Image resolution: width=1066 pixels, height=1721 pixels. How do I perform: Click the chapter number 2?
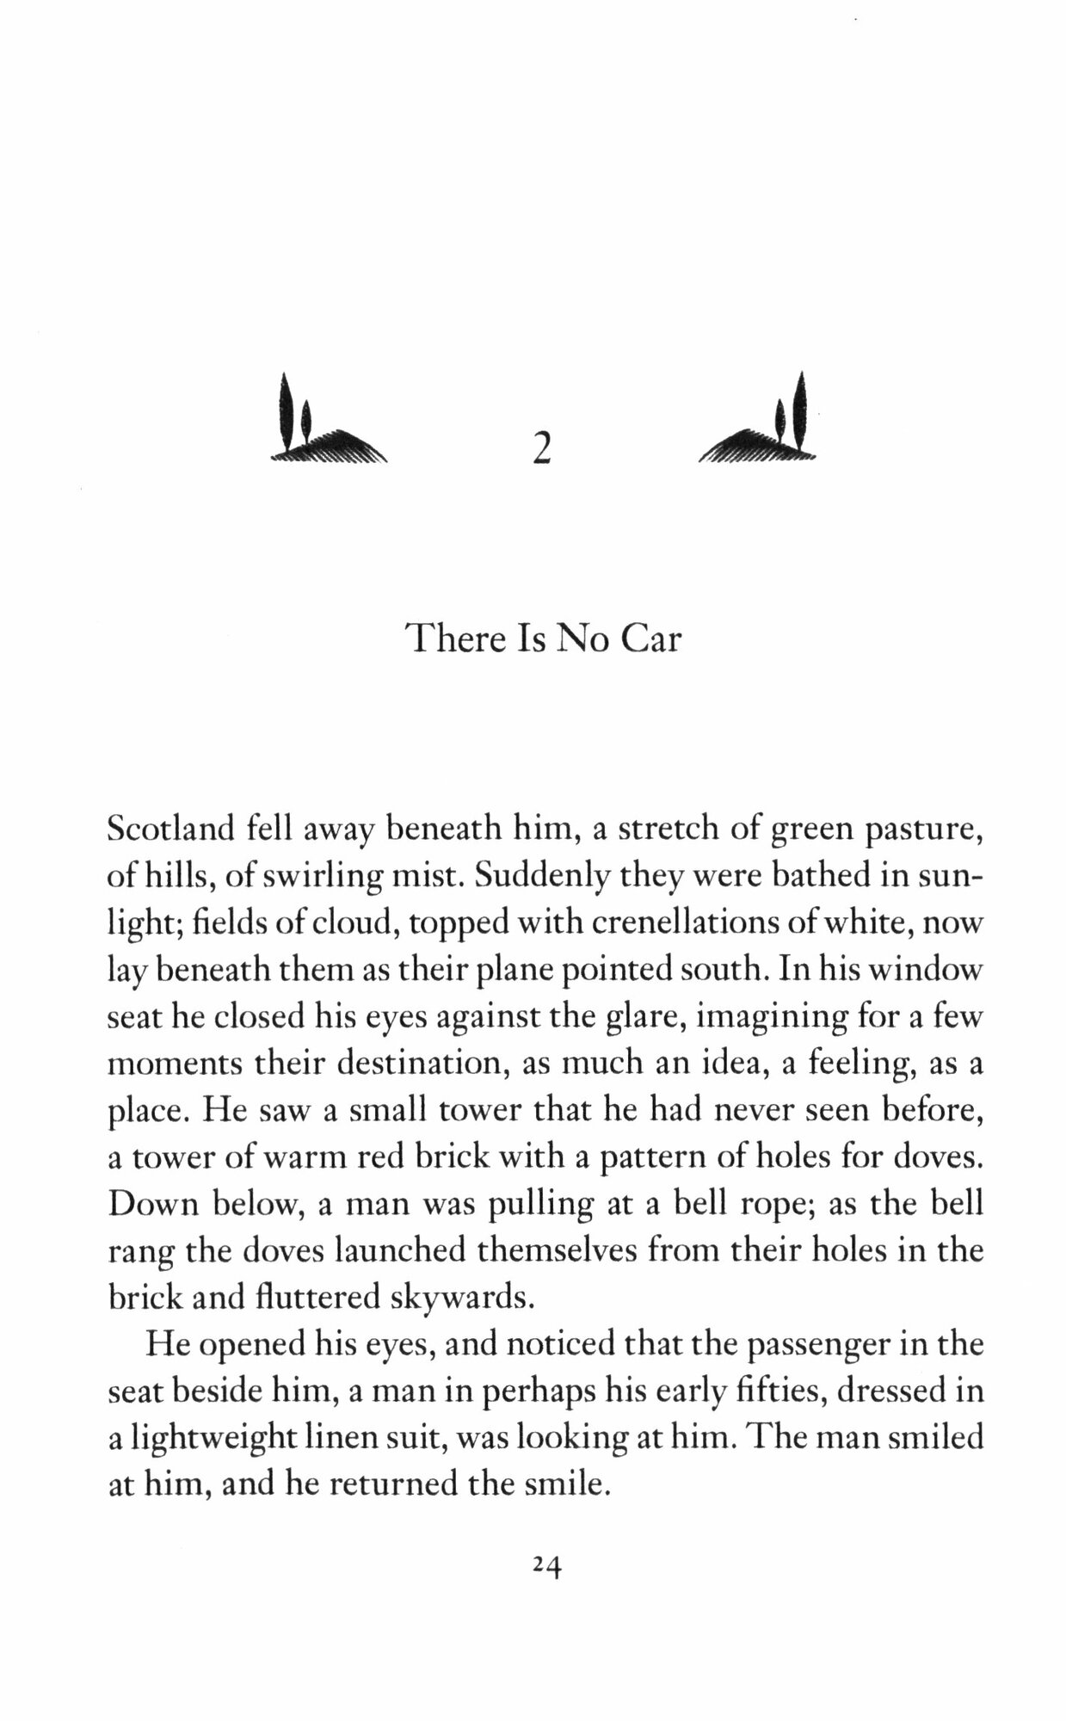pyautogui.click(x=540, y=447)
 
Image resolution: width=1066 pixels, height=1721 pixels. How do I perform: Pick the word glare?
pyautogui.click(x=642, y=1019)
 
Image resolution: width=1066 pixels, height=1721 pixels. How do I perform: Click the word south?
pyautogui.click(x=720, y=972)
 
